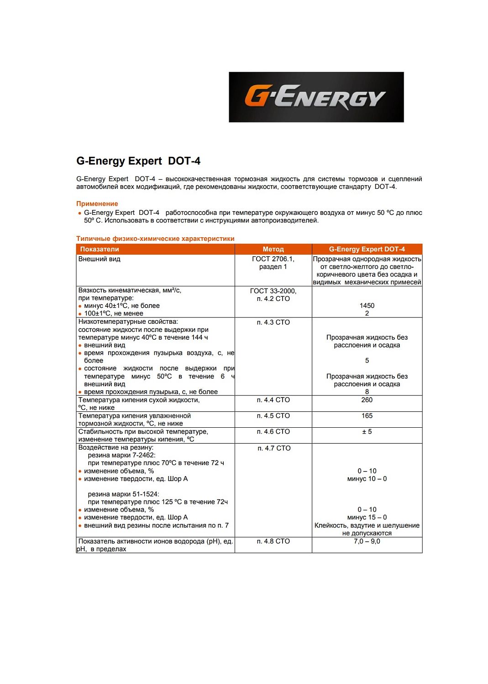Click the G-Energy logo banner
316,97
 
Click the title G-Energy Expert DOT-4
138,161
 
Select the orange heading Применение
97,204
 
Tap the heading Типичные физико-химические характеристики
155,238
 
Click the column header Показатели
100,249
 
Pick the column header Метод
273,249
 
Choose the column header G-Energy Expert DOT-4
367,249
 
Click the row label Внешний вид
100,259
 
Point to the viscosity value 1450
367,306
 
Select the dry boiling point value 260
367,400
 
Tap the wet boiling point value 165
367,416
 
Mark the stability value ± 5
367,432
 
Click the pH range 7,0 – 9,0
367,541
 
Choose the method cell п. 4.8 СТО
273,541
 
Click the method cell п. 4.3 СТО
273,322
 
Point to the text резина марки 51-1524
123,494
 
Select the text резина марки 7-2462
121,455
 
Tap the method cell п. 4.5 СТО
273,416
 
